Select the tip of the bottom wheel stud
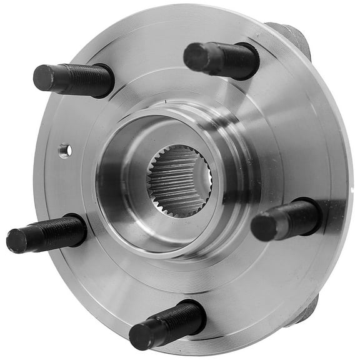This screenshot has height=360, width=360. [x=141, y=336]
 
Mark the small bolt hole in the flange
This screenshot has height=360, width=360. [x=64, y=150]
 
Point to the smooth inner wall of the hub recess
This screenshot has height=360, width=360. [x=125, y=187]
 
